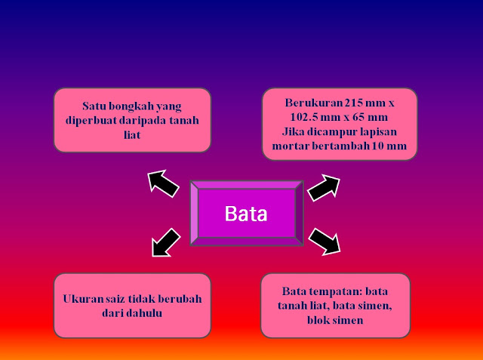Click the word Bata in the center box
coord(246,213)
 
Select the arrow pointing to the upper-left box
coord(162,183)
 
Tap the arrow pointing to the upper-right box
coord(325,186)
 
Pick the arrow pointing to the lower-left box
coord(166,243)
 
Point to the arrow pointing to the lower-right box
coord(325,241)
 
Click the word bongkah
coord(137,105)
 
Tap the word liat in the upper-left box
coord(132,134)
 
